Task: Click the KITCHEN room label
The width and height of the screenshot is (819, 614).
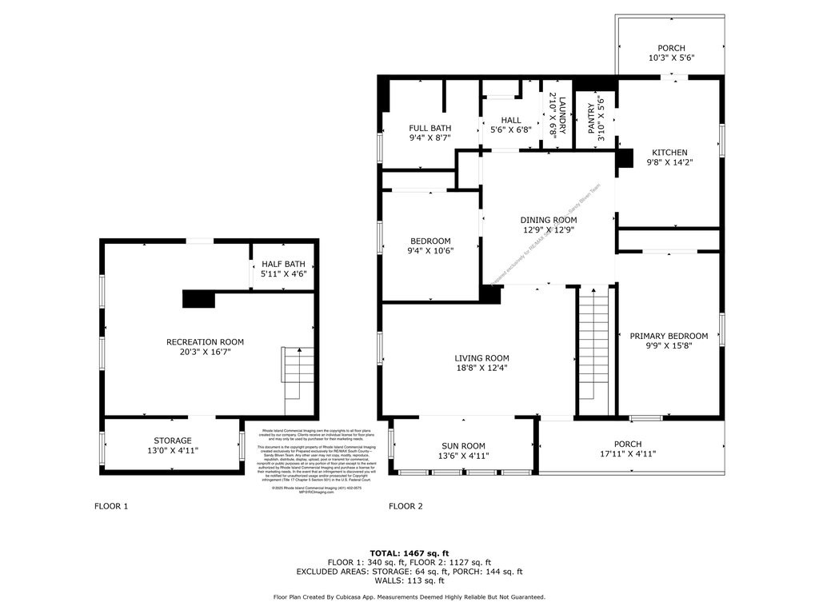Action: pos(669,152)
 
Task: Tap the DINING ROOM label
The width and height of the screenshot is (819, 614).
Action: pos(548,220)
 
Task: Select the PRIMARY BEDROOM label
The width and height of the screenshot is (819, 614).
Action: pos(669,336)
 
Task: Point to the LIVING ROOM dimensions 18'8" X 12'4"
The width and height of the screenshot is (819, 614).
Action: pos(481,369)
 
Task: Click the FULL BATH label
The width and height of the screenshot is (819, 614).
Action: pos(429,128)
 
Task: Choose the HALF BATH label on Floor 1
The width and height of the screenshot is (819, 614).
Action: pos(283,264)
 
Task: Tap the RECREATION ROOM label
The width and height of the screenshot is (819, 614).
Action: pos(205,342)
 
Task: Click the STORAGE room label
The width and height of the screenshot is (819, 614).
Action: pos(173,441)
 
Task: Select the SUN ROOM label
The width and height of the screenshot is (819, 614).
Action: pos(463,446)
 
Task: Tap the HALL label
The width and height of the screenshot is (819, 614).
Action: pos(511,120)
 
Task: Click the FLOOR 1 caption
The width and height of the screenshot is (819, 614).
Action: pos(111,506)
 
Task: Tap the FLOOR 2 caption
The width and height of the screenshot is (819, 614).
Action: pos(406,506)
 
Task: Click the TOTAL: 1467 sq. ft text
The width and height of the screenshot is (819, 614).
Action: pos(409,553)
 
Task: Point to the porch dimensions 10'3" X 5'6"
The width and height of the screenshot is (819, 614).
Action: pos(671,58)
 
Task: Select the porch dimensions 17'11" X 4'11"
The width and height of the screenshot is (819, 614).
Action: pos(628,454)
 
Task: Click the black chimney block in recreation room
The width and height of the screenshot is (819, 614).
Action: pos(199,299)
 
